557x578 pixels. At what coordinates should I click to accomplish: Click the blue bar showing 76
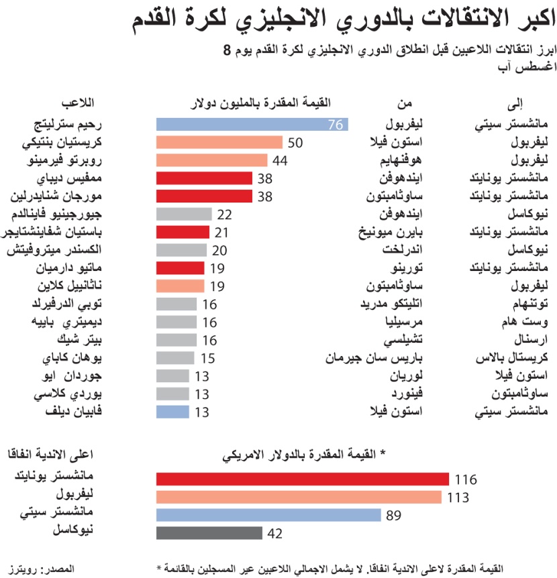click(252, 124)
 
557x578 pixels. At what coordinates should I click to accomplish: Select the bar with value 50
click(219, 142)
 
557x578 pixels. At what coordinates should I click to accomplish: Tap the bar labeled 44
click(212, 160)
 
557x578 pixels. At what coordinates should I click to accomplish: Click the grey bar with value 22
click(184, 214)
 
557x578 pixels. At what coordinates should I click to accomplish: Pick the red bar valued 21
click(183, 232)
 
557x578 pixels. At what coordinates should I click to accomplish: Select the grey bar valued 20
click(181, 250)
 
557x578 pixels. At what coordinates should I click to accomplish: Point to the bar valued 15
click(175, 357)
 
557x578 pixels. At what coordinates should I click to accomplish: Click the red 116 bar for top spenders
click(302, 479)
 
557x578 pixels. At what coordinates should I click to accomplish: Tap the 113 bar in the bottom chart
click(299, 497)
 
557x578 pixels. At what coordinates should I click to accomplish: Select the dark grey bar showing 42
click(209, 533)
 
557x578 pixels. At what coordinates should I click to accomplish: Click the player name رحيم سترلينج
click(63, 124)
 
